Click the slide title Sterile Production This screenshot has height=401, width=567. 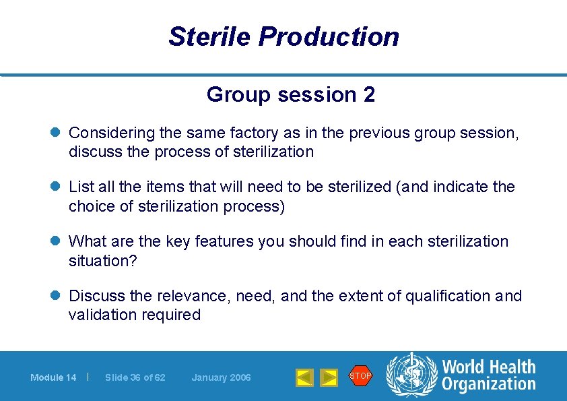pos(283,36)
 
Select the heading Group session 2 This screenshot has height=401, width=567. pos(291,95)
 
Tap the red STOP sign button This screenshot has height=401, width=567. pos(360,375)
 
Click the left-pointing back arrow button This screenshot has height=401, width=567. pos(305,377)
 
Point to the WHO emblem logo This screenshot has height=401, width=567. pos(411,376)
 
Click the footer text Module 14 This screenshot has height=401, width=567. pos(53,377)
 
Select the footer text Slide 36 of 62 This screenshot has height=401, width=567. pos(135,377)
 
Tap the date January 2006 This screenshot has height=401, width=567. pos(221,377)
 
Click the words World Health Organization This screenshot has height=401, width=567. pos(488,376)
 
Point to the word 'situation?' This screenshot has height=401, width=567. pos(102,260)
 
